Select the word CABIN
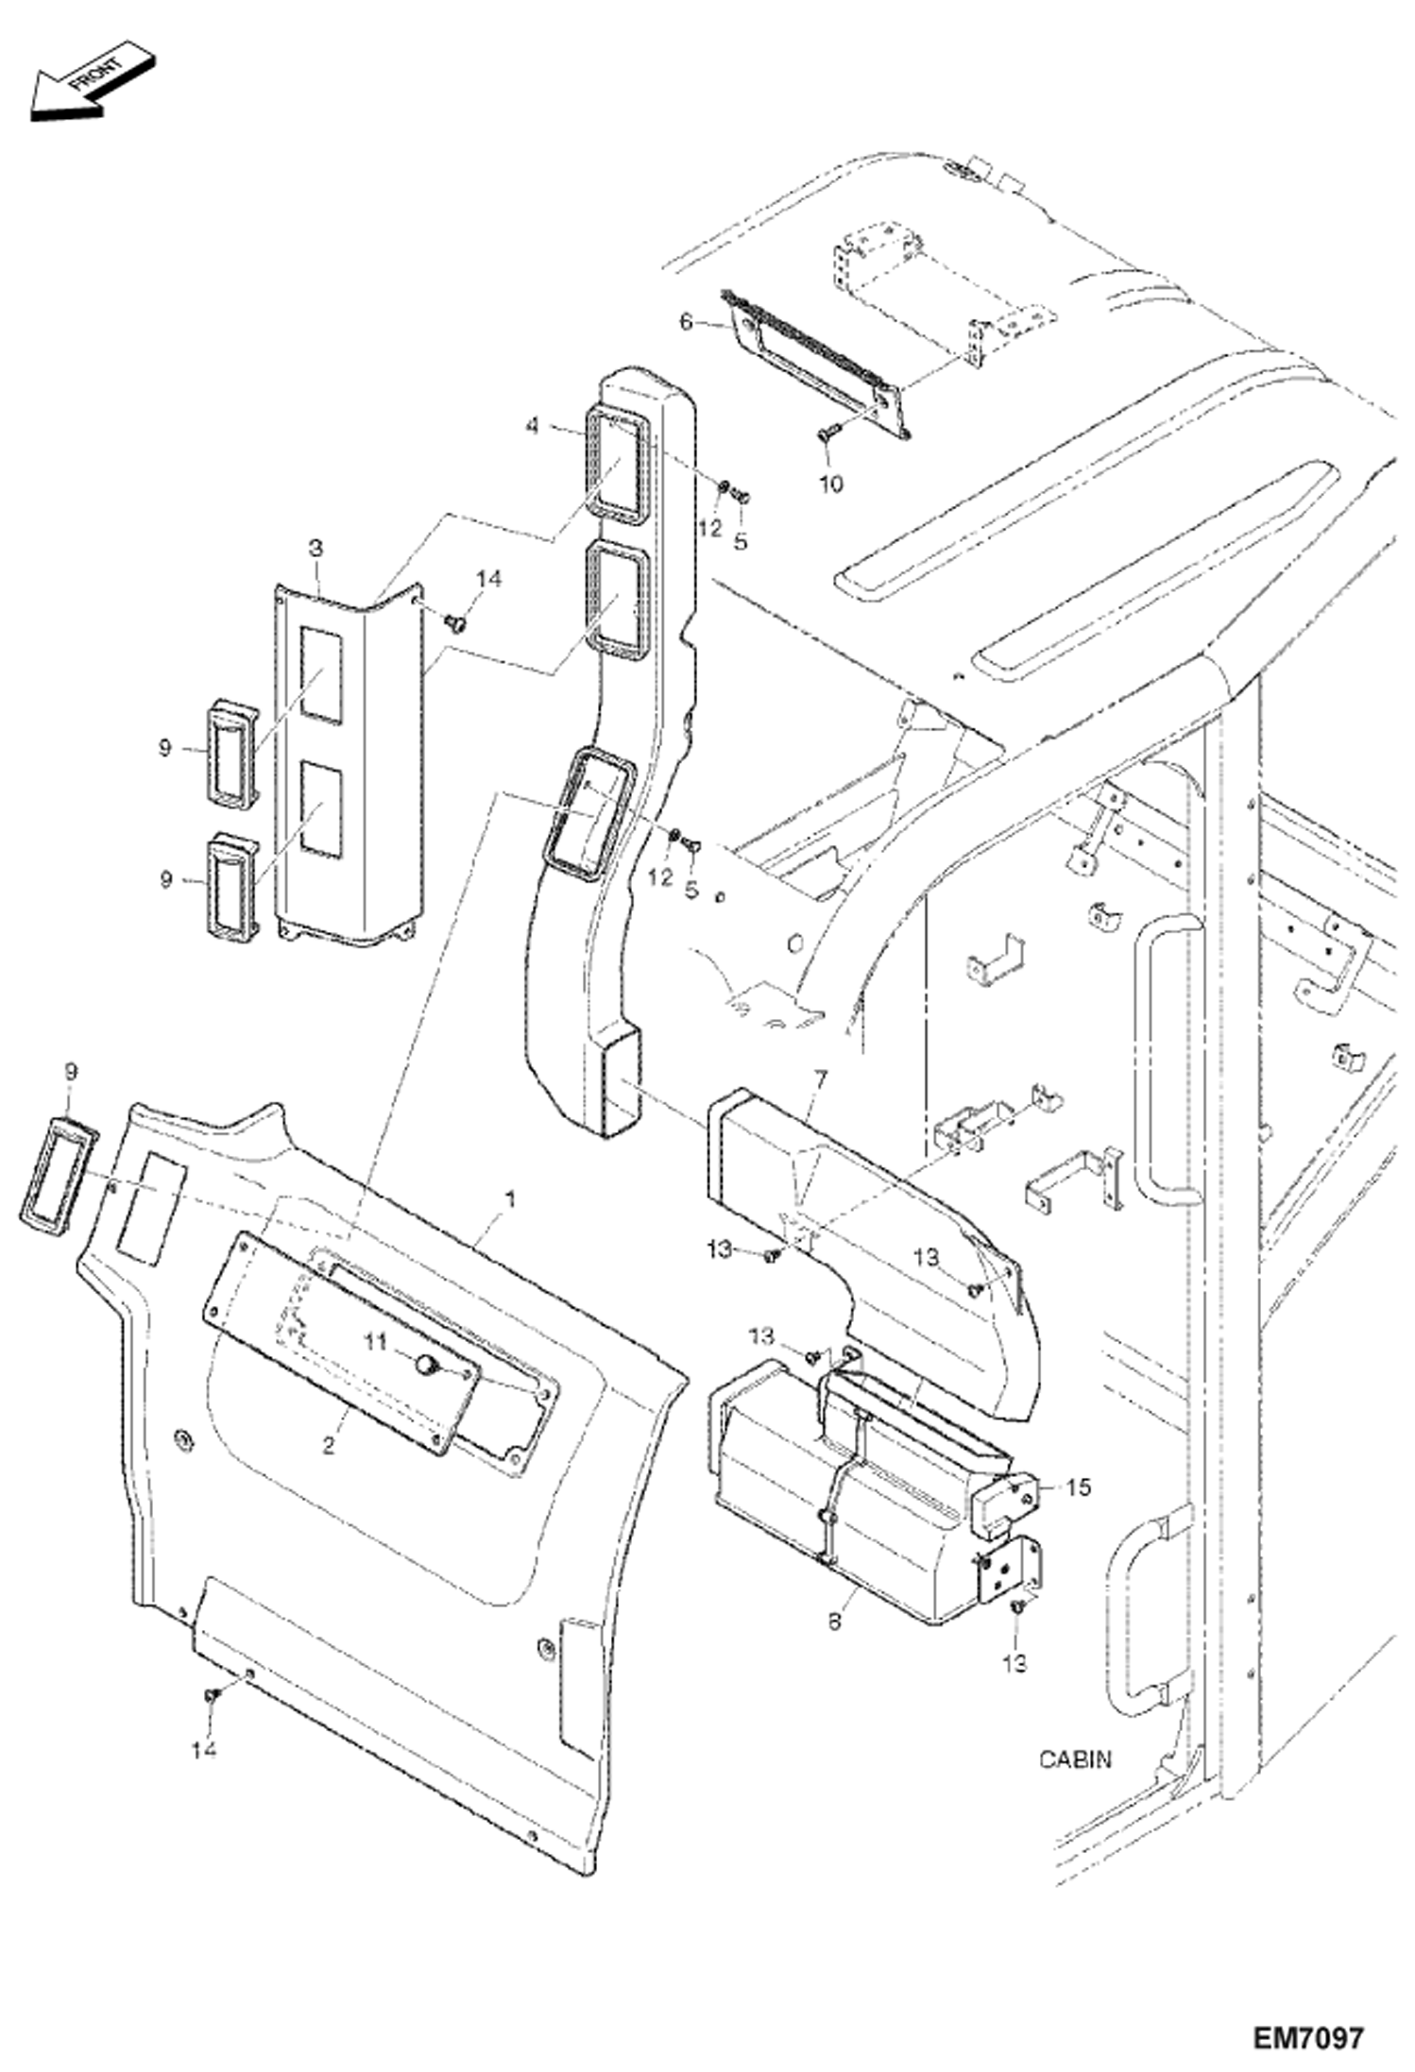[1075, 1759]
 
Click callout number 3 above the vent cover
[315, 548]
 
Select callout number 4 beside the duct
[533, 427]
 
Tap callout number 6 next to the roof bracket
[687, 322]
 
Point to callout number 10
[830, 484]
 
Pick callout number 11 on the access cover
[377, 1341]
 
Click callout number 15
[1078, 1487]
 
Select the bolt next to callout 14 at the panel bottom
[212, 1697]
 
